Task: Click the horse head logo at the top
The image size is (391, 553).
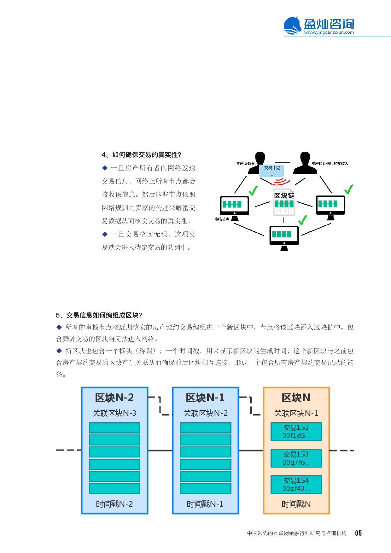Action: click(292, 25)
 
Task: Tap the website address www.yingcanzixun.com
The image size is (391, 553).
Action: click(329, 32)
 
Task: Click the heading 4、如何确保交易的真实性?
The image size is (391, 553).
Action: click(141, 155)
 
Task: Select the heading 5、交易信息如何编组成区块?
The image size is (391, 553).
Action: click(99, 315)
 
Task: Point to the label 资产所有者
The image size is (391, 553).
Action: click(245, 164)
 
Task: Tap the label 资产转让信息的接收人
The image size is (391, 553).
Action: click(330, 164)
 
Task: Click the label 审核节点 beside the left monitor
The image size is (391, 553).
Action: click(222, 219)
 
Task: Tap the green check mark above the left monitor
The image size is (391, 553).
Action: click(253, 190)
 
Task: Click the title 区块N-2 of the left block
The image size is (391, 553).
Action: click(114, 398)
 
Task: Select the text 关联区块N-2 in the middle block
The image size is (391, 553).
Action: click(205, 413)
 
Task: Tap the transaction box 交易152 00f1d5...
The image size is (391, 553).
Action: click(296, 432)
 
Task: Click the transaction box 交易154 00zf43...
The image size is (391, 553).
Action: click(296, 485)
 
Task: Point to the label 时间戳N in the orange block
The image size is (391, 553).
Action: click(296, 504)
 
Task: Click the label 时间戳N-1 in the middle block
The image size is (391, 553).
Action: click(205, 504)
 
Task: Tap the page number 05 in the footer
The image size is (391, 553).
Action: click(358, 533)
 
